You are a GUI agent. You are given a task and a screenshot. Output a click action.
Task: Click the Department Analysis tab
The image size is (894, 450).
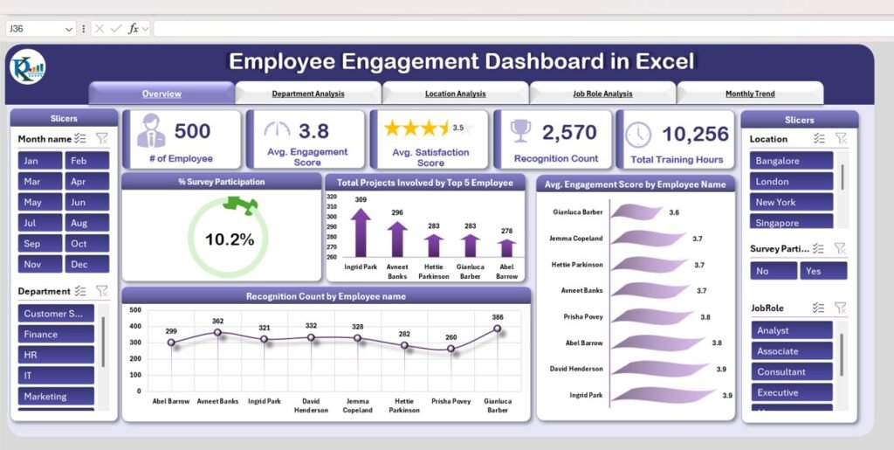pos(307,93)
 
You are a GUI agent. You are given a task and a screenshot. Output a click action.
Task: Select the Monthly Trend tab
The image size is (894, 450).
pos(749,93)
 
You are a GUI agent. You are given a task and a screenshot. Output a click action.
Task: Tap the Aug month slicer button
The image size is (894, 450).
pos(86,223)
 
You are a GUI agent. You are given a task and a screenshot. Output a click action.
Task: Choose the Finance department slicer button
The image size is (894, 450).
pos(56,334)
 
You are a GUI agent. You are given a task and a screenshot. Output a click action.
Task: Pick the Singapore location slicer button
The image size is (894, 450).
pos(790,223)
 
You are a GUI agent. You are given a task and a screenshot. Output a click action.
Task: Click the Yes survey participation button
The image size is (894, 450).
pos(822,271)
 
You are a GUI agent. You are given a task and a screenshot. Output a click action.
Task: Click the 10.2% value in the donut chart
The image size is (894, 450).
pos(229,239)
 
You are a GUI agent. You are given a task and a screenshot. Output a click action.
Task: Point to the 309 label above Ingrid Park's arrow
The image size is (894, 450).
pos(361,200)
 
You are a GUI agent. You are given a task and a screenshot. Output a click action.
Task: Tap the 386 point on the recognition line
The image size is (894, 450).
pos(498,329)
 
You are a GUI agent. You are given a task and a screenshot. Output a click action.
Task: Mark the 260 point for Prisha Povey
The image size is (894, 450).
pos(451,349)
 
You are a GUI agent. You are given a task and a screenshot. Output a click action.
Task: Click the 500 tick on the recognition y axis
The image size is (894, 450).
pos(135,309)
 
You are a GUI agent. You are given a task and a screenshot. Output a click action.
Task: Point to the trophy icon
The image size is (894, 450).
pos(520,131)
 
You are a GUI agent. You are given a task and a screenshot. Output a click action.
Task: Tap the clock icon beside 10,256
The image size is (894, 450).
pos(638,135)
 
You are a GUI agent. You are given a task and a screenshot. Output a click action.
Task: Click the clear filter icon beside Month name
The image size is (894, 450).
pos(101,138)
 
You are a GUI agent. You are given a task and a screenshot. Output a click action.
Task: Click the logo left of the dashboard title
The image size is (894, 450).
pos(27,66)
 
